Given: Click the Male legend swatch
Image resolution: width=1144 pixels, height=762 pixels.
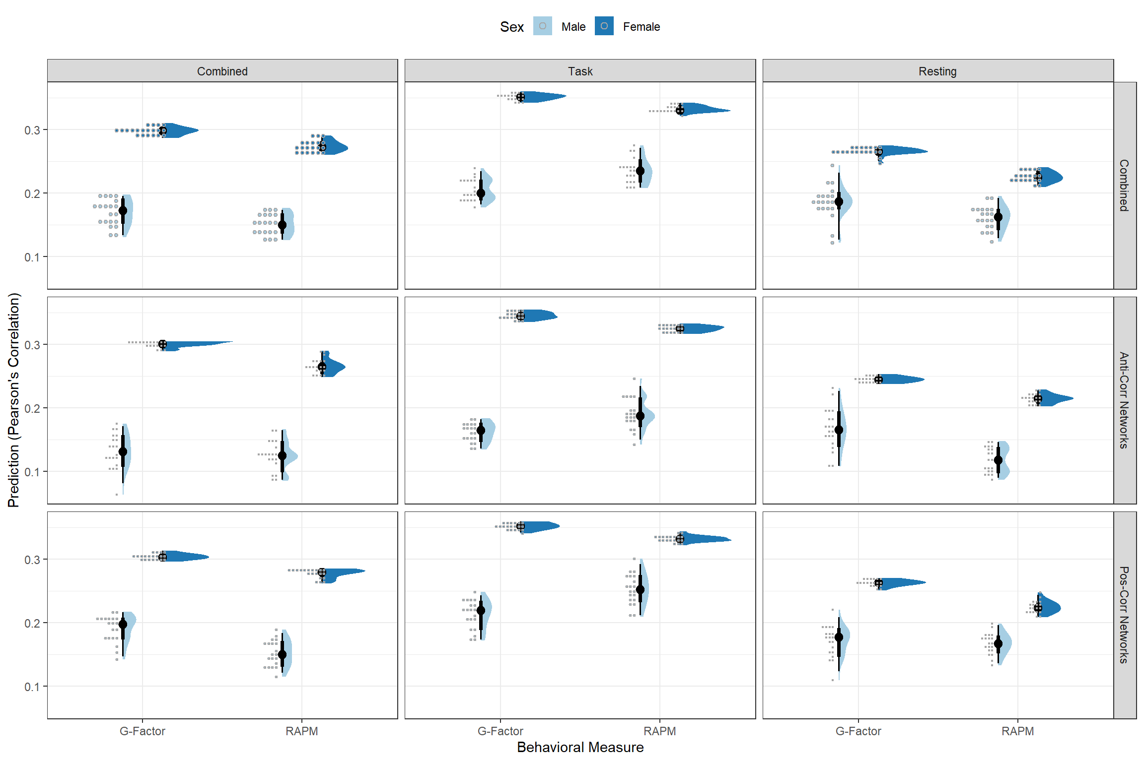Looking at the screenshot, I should [x=542, y=26].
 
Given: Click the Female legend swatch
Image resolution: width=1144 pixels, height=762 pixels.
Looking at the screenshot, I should [x=604, y=26].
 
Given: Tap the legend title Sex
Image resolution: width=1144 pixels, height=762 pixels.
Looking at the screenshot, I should [x=511, y=27].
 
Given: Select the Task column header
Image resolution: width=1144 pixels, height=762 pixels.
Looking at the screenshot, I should [x=580, y=71].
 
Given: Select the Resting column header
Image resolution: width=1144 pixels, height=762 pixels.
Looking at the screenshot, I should [x=937, y=71].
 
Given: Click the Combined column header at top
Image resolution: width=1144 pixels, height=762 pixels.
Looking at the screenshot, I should [x=222, y=71].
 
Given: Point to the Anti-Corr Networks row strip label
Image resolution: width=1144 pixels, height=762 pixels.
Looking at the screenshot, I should [x=1124, y=400].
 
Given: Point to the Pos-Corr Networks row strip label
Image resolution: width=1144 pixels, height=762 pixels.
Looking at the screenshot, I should [x=1124, y=615].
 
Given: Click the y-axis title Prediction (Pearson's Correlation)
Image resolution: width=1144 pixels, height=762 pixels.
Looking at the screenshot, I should [x=14, y=400].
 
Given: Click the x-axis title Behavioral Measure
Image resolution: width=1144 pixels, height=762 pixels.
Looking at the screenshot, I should [x=580, y=747].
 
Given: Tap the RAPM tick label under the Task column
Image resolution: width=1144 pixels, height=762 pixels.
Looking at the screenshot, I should [x=659, y=731].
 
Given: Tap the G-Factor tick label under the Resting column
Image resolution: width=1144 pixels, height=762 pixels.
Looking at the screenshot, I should [x=858, y=731].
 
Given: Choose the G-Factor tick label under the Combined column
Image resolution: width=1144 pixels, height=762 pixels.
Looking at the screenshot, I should [x=143, y=731].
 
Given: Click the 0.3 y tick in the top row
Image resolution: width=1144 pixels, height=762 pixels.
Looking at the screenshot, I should [x=32, y=130].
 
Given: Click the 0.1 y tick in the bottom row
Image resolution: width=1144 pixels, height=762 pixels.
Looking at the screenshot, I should [x=32, y=687].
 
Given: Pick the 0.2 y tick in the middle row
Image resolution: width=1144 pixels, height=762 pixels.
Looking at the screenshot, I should [x=32, y=408].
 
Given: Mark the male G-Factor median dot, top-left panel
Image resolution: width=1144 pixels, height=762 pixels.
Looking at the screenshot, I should [x=123, y=211].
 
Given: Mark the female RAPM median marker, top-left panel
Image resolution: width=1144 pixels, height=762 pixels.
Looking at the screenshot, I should [x=322, y=147].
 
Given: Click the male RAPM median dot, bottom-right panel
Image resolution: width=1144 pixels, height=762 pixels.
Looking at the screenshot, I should [x=998, y=644].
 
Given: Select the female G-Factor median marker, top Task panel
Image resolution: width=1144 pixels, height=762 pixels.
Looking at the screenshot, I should [x=520, y=97].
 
